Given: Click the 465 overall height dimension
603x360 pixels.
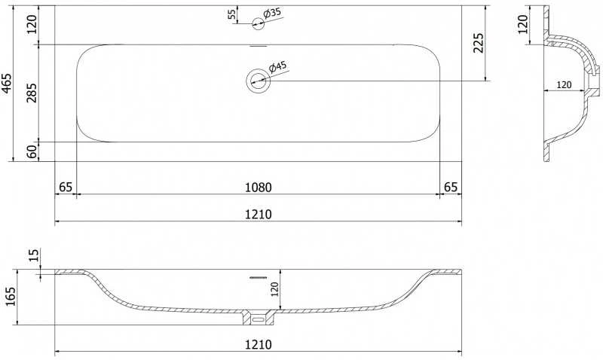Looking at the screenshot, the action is coord(8,83).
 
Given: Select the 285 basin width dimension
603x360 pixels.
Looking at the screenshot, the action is coord(32,93).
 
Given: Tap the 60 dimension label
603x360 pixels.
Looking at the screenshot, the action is coord(32,151).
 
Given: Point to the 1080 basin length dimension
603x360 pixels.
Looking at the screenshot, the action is coord(259,188).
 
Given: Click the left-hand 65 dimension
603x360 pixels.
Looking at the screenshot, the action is coord(66,188).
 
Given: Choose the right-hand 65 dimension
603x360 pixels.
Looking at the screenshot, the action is coord(451,188).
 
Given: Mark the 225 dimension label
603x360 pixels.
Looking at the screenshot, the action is coord(478,43).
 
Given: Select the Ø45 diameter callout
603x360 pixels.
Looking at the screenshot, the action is coord(277,66).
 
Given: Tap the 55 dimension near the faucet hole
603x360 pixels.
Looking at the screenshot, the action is coord(231,14).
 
